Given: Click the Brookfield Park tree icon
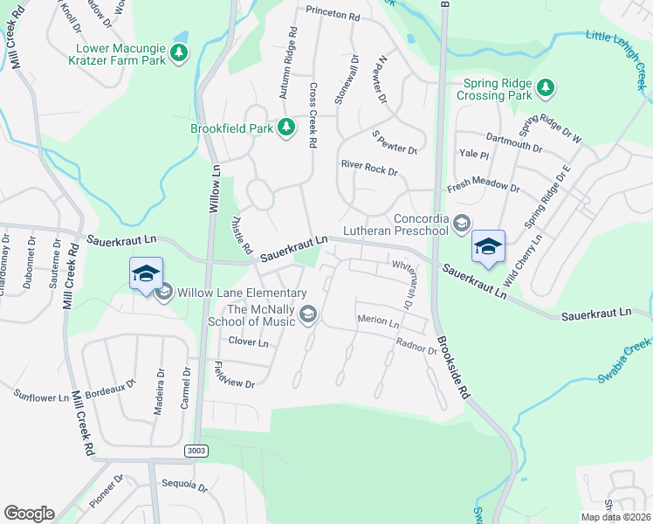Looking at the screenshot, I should pos(285,128).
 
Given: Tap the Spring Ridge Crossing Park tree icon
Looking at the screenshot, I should pos(546,87).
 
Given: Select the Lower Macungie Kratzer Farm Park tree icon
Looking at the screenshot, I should pos(179,54).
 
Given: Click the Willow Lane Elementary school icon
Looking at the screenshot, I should pos(163,293).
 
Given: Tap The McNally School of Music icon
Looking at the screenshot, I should pos(307,314).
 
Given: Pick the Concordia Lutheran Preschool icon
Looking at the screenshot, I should pos(461,224).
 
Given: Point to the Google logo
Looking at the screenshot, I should pos(29,514).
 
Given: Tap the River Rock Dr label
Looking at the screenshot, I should pos(369,167).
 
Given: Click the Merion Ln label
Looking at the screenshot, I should pos(378,321).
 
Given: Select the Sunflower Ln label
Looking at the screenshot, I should pos(41,396).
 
